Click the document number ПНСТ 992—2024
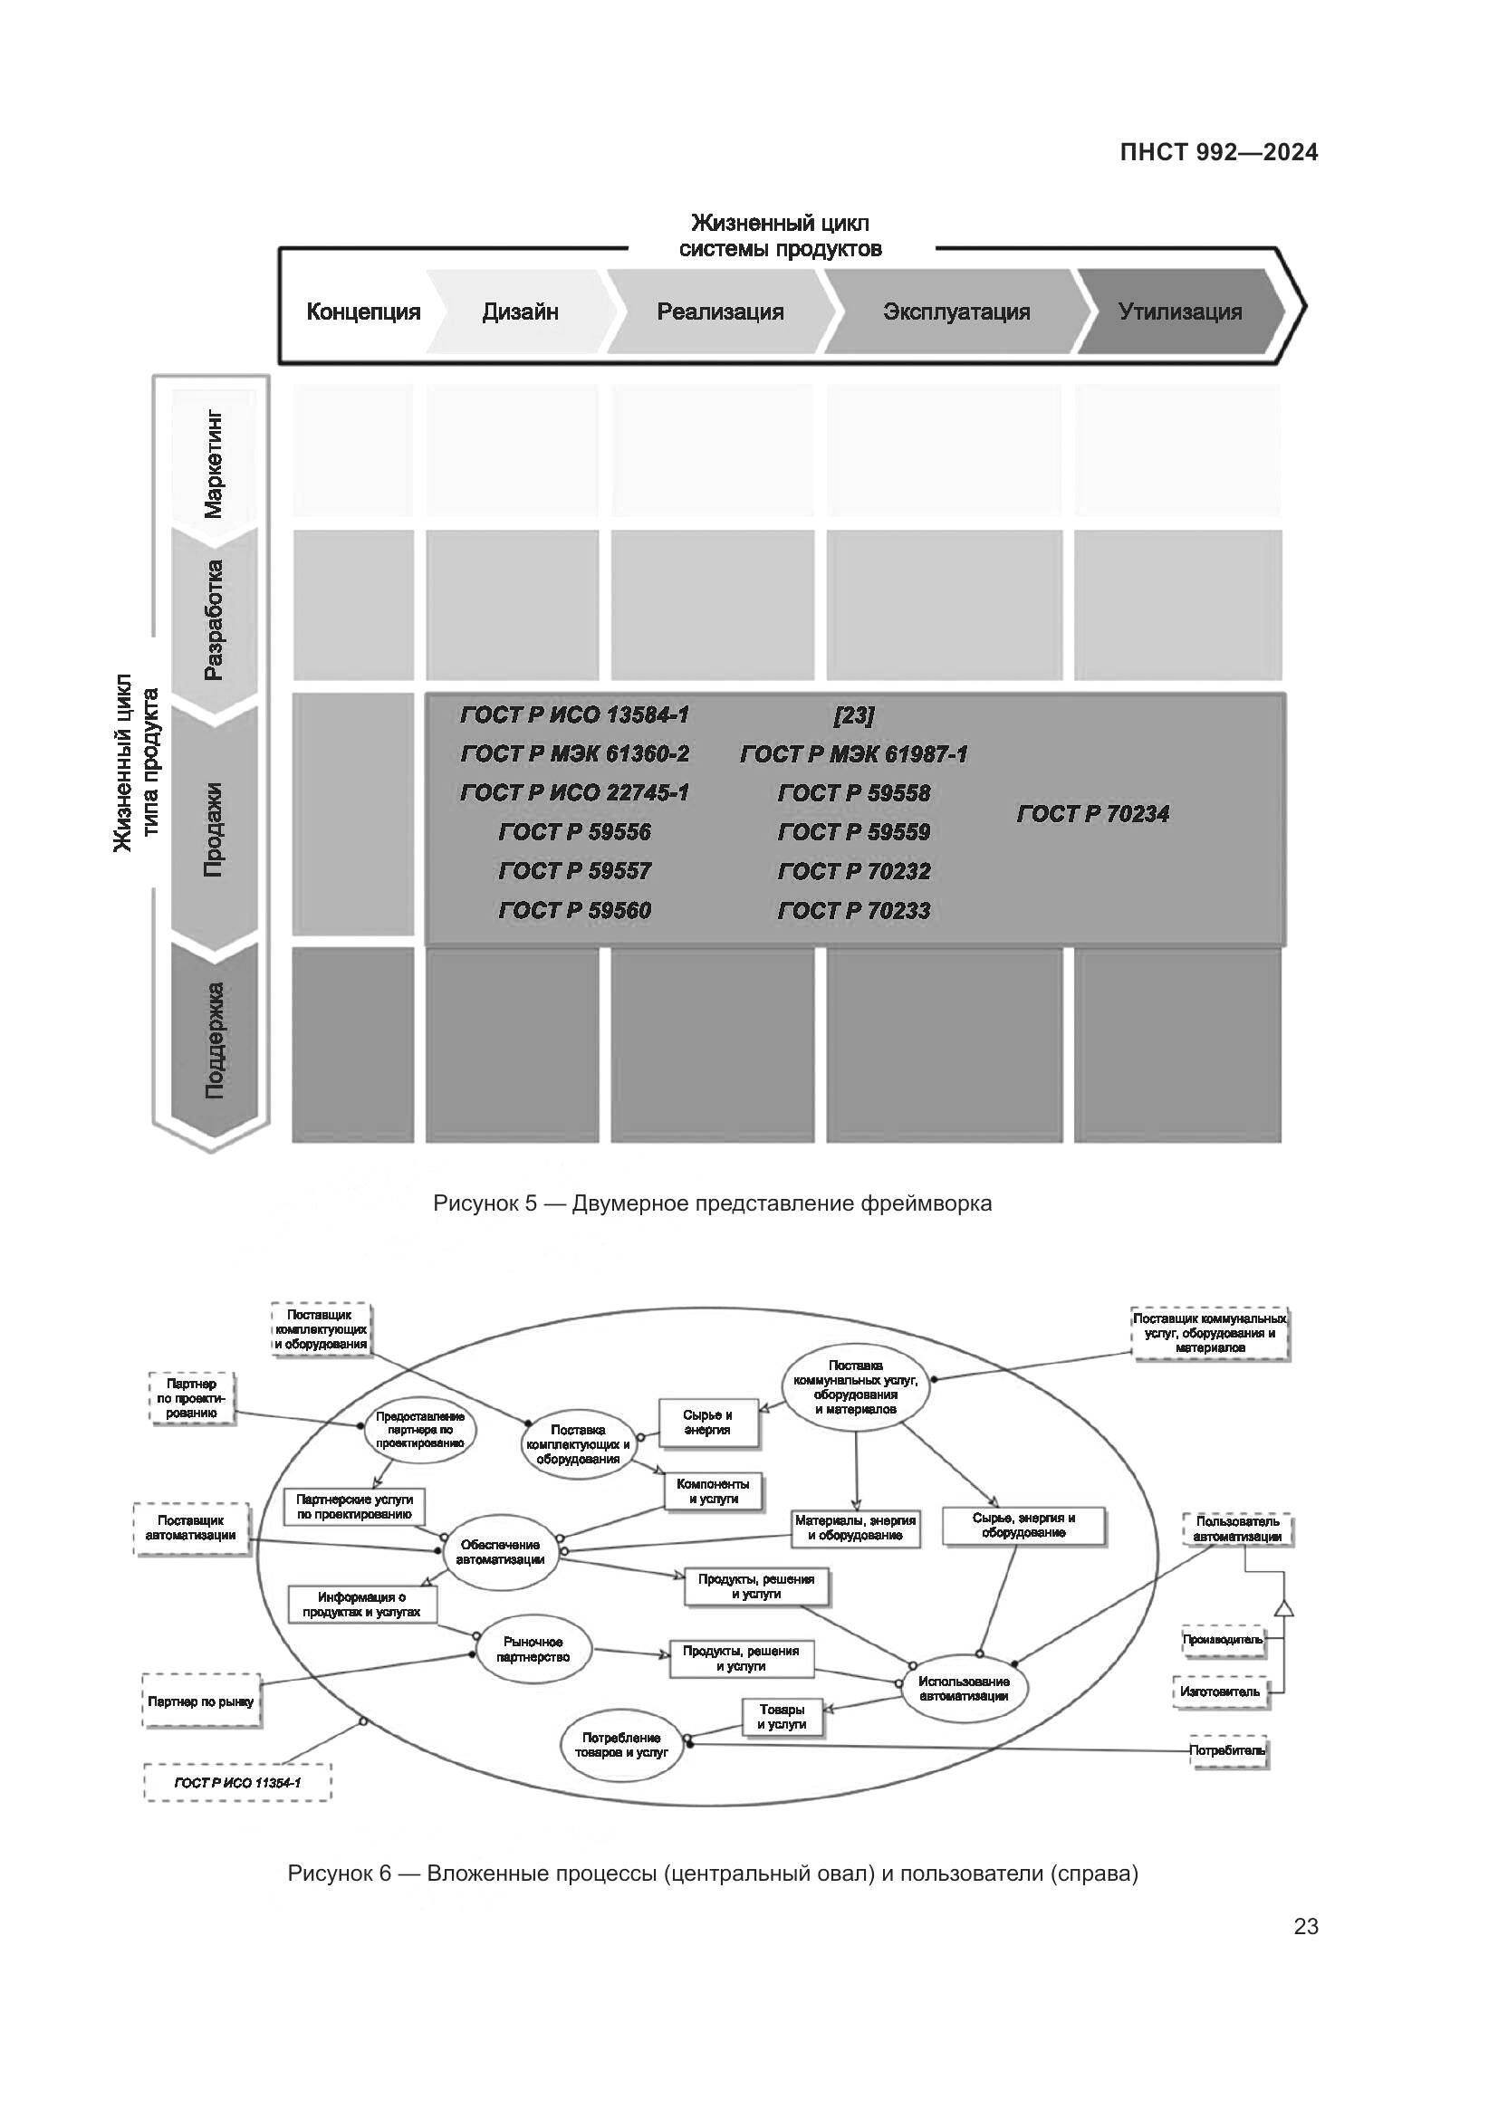[x=1218, y=152]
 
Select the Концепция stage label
[x=362, y=311]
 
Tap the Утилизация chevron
[x=1180, y=311]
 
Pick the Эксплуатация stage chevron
[x=955, y=311]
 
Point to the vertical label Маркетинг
[x=213, y=464]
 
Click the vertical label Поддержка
[x=213, y=1040]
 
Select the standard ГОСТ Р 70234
[x=1092, y=814]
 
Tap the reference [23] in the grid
[x=853, y=715]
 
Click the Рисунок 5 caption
[x=712, y=1203]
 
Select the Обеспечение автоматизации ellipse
[x=500, y=1552]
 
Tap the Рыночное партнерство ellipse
[x=533, y=1649]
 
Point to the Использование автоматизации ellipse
[x=964, y=1688]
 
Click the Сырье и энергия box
[x=707, y=1423]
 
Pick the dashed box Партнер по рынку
[x=201, y=1701]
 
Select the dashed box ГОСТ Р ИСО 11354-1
[x=237, y=1783]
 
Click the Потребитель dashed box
[x=1228, y=1750]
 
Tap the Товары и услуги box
[x=782, y=1717]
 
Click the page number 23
[x=1305, y=1926]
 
